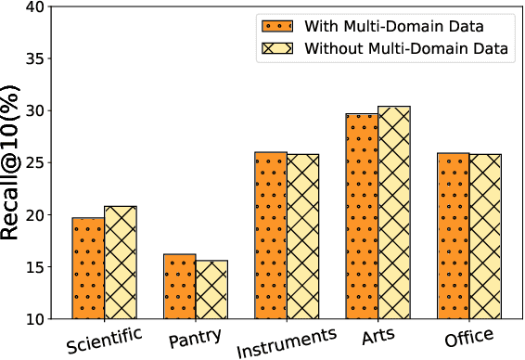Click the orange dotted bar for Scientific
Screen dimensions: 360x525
[88, 268]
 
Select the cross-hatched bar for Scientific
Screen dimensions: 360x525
[121, 263]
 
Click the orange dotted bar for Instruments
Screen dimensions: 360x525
[270, 236]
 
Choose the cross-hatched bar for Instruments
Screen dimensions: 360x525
[302, 237]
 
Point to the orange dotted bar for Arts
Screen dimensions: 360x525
[362, 216]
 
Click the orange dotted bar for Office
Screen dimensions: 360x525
[454, 236]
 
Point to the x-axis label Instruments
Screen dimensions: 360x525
[286, 341]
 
